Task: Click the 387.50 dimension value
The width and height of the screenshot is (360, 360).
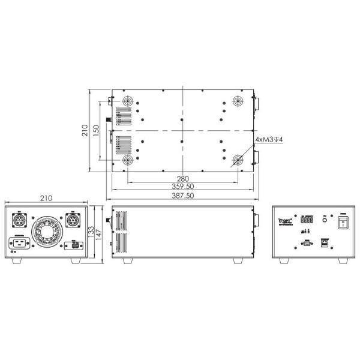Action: click(x=182, y=195)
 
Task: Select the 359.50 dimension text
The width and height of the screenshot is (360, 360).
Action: click(x=182, y=187)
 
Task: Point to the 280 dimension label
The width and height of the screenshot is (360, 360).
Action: click(x=182, y=178)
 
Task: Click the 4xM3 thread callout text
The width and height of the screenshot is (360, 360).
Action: click(x=269, y=139)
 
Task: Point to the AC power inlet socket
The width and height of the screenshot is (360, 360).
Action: click(x=18, y=245)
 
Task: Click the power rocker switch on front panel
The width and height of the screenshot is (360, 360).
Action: click(x=343, y=223)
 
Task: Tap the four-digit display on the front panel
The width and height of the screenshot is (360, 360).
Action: click(x=307, y=220)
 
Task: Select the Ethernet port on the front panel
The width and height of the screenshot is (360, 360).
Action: click(x=324, y=243)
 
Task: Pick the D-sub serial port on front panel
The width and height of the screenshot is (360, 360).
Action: click(x=306, y=243)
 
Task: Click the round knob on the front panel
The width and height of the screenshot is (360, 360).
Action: click(x=325, y=220)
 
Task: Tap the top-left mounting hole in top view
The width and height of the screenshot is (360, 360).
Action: click(x=127, y=100)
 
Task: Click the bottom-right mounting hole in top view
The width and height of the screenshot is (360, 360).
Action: click(x=238, y=160)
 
